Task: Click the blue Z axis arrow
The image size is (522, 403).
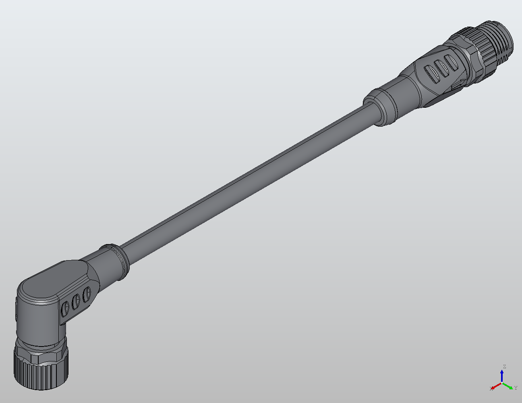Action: [502, 375]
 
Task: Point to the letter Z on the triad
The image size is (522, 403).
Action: [504, 366]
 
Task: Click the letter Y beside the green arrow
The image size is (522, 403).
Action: [516, 388]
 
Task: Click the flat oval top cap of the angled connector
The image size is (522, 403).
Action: [52, 282]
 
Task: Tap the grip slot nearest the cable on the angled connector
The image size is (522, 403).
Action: [86, 295]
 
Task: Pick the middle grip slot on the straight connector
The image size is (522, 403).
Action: [442, 68]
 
